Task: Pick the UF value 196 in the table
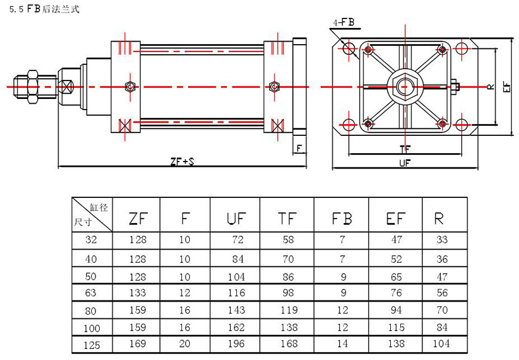[236, 343]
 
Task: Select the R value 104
[441, 343]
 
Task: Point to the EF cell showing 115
[396, 327]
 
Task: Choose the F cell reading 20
[185, 343]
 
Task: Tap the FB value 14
[342, 343]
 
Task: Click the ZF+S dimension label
[182, 161]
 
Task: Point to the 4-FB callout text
[344, 23]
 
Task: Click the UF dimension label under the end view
[404, 163]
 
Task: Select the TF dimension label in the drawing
[405, 148]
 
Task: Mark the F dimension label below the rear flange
[299, 147]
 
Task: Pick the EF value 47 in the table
[396, 241]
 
